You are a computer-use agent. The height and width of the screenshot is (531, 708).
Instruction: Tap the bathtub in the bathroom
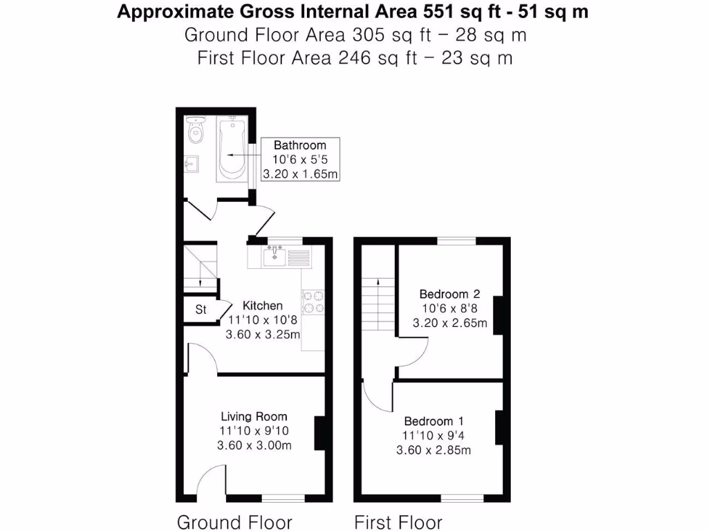[x=232, y=149]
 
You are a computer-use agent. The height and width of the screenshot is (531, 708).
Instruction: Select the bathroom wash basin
[x=192, y=164]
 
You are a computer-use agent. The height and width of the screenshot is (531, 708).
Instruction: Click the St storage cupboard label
[x=201, y=310]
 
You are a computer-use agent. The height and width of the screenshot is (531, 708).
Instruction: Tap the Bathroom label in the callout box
[x=299, y=145]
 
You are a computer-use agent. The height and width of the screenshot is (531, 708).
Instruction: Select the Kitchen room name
[x=262, y=306]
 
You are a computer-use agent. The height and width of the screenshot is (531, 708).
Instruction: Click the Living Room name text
[x=254, y=416]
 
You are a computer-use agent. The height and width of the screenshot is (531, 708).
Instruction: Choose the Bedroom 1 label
[x=434, y=421]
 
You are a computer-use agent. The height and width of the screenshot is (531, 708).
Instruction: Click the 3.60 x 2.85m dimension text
[x=434, y=451]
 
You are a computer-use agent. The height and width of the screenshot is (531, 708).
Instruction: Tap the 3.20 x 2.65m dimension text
[x=449, y=323]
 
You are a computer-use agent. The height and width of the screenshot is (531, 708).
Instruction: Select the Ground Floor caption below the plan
[x=234, y=522]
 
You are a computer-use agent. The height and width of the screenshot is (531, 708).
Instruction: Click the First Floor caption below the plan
[x=398, y=522]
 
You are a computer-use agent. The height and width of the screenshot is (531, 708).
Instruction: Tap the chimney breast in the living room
[x=319, y=433]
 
